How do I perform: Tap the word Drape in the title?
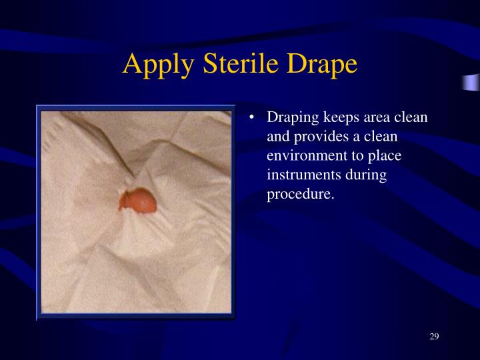pyautogui.click(x=323, y=64)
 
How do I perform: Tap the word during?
pyautogui.click(x=366, y=175)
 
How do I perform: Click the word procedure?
pyautogui.click(x=299, y=194)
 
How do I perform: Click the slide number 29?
pyautogui.click(x=434, y=335)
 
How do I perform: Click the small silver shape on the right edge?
pyautogui.click(x=471, y=83)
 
